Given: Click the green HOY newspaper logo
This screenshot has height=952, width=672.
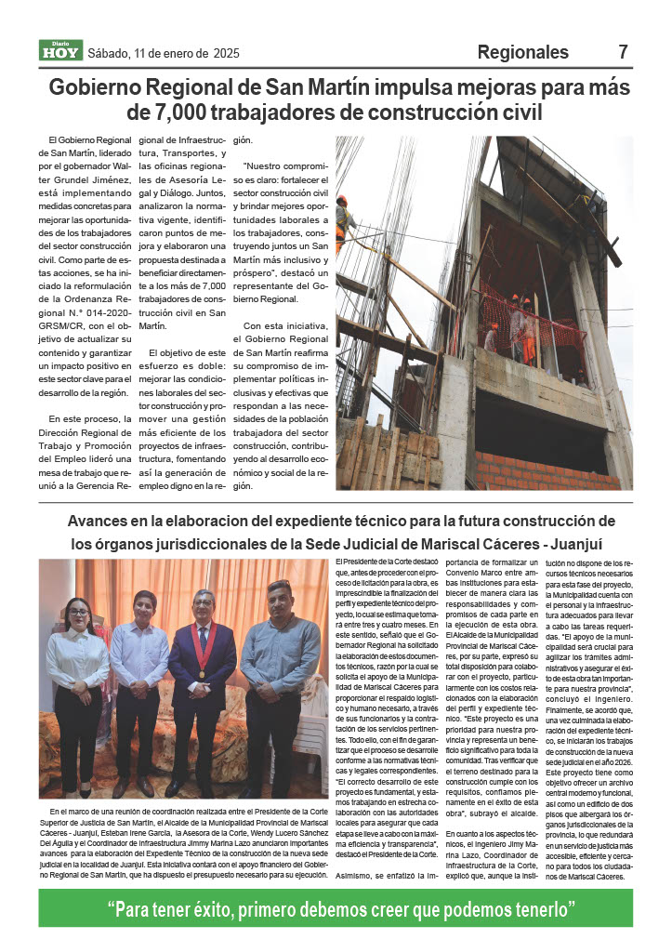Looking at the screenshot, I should coord(60,52).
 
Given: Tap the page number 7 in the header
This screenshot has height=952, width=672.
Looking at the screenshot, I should coord(624,51).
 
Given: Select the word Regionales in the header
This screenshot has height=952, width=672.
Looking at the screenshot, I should coord(523,52).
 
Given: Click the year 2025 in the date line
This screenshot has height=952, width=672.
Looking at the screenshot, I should coord(226,53).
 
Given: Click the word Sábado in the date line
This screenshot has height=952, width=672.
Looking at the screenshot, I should coord(109,53).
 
